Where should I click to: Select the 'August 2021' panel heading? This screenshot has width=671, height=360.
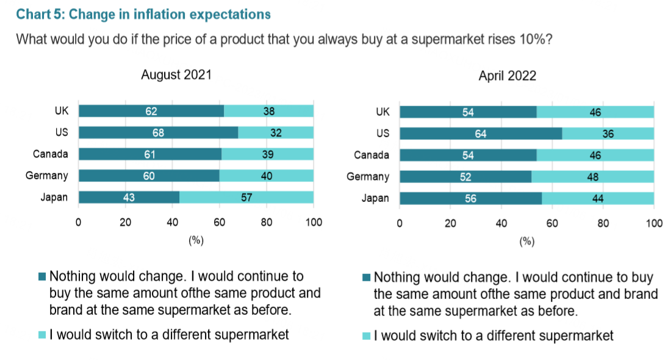[x=176, y=75]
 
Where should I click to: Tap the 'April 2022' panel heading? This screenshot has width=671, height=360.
[x=507, y=76]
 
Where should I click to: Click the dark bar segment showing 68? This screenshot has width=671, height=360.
[x=158, y=132]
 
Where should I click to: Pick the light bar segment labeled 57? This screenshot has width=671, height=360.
[x=246, y=197]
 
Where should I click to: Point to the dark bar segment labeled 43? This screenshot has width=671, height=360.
[x=129, y=197]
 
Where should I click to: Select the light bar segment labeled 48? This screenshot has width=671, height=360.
[x=592, y=177]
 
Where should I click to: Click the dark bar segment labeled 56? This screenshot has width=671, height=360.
[x=470, y=198]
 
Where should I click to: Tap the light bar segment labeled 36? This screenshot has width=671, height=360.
[x=608, y=134]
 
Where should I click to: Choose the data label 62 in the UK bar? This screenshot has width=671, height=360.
[x=151, y=111]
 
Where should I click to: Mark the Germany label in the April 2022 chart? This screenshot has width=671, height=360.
[x=368, y=177]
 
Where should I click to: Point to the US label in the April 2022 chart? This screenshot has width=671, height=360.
[x=382, y=134]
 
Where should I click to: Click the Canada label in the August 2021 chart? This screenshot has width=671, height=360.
[x=51, y=154]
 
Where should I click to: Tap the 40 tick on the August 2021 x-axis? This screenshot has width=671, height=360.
[x=172, y=223]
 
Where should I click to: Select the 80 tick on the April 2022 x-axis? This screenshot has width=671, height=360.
[x=603, y=223]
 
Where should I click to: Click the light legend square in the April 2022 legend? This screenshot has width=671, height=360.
[x=366, y=336]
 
